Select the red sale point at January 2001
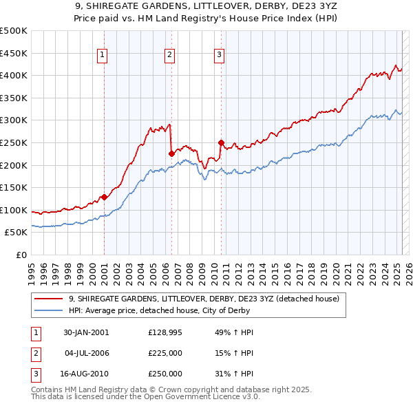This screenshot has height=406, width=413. (104, 197)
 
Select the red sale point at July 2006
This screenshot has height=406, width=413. (171, 154)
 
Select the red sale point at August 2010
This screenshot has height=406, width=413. (221, 143)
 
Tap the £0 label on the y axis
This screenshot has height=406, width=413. (21, 255)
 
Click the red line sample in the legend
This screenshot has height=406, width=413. (49, 299)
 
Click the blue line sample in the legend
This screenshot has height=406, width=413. (49, 310)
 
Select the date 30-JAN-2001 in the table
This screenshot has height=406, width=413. (85, 332)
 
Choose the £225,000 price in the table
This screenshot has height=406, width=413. (165, 353)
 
